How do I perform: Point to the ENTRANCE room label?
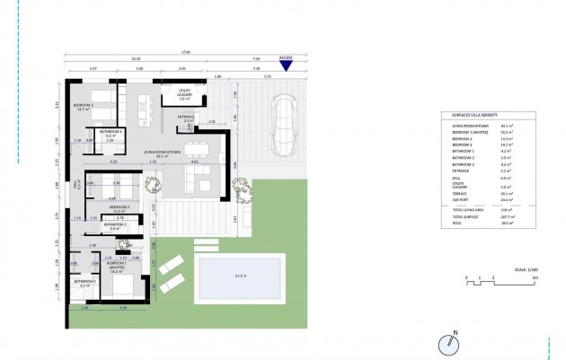[x=186, y=118]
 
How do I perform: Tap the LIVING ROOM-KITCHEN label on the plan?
[x=163, y=154]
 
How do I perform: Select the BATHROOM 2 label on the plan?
[x=112, y=227]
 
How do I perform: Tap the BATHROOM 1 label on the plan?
[x=84, y=282]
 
